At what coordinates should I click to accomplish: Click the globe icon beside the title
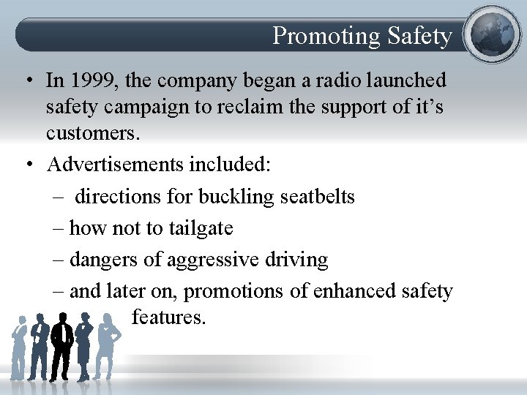tap(492, 34)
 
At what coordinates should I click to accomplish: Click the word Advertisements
tap(115, 165)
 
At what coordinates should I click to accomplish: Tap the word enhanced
tap(354, 291)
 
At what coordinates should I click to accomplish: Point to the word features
tap(169, 317)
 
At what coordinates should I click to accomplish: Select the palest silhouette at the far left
tap(18, 347)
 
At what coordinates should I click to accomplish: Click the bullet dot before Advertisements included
tap(26, 165)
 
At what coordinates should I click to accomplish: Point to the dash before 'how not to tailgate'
tap(59, 228)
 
